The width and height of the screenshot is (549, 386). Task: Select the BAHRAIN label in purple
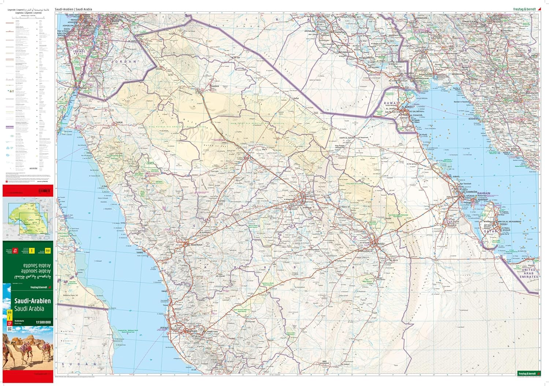pos(483,193)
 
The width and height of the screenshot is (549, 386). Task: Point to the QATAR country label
pos(490,231)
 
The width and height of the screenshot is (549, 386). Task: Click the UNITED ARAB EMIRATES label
pos(529,273)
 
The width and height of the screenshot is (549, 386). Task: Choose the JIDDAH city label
pos(165,327)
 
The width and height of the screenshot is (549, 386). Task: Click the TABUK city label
pos(119,122)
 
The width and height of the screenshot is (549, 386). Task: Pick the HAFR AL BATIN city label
pos(347,138)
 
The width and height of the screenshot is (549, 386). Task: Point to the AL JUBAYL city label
pos(455,177)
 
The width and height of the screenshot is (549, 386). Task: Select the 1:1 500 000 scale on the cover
pos(43,322)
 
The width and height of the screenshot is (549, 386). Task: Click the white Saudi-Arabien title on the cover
pos(32,301)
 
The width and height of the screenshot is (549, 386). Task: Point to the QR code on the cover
pos(10,329)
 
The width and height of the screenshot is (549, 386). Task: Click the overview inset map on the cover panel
pos(28,219)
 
